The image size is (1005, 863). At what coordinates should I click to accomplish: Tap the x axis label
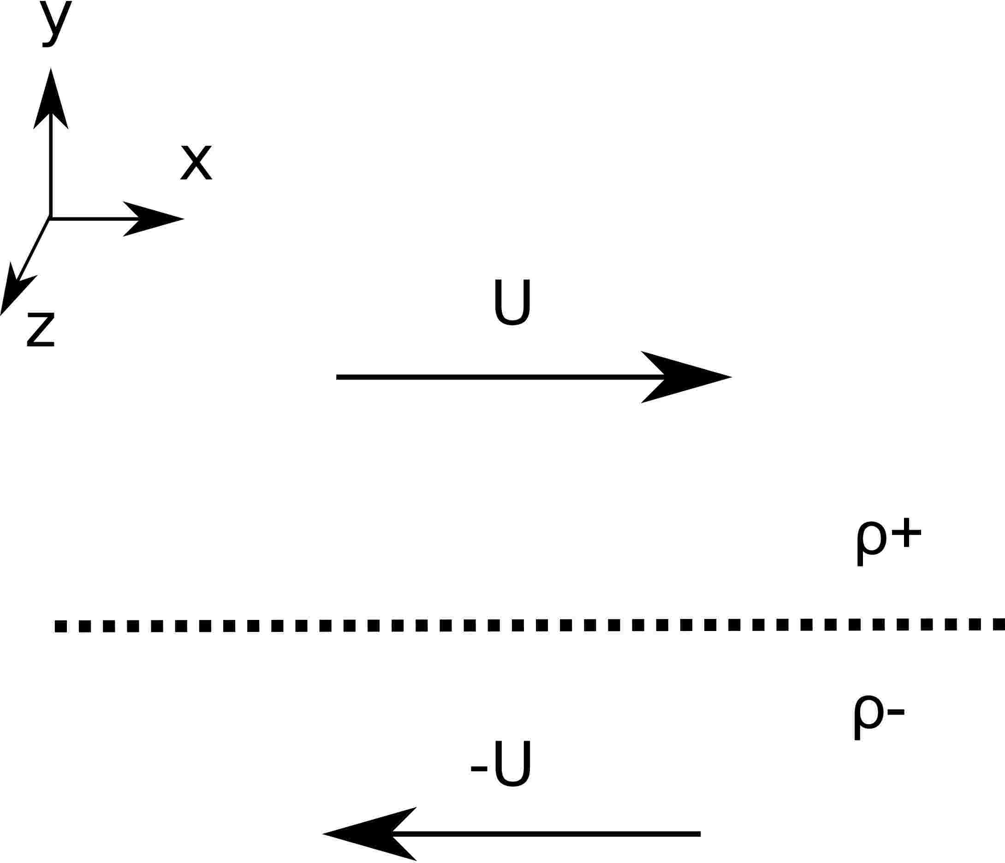pyautogui.click(x=196, y=162)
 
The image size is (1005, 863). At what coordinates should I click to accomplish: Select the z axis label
pyautogui.click(x=41, y=329)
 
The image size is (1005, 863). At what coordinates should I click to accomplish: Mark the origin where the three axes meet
pyautogui.click(x=50, y=218)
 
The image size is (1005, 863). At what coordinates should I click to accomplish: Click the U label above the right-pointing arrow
pyautogui.click(x=512, y=302)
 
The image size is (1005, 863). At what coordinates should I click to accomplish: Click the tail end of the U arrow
pyautogui.click(x=338, y=377)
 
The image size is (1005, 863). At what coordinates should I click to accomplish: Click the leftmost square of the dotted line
pyautogui.click(x=60, y=626)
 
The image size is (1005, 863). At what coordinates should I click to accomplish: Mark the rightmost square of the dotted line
pyautogui.click(x=998, y=624)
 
